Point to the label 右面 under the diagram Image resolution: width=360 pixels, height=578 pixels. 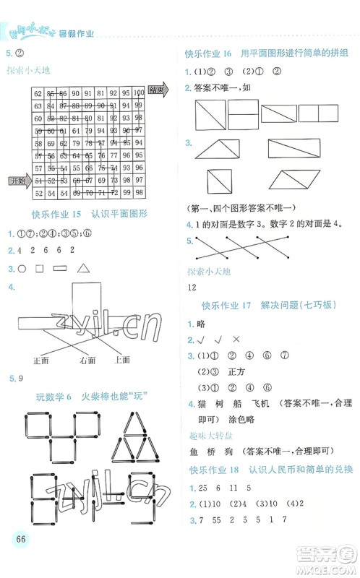[x=87, y=359]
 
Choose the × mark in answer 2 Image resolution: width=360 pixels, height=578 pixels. [x=236, y=340]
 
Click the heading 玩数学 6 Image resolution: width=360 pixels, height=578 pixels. [x=56, y=396]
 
